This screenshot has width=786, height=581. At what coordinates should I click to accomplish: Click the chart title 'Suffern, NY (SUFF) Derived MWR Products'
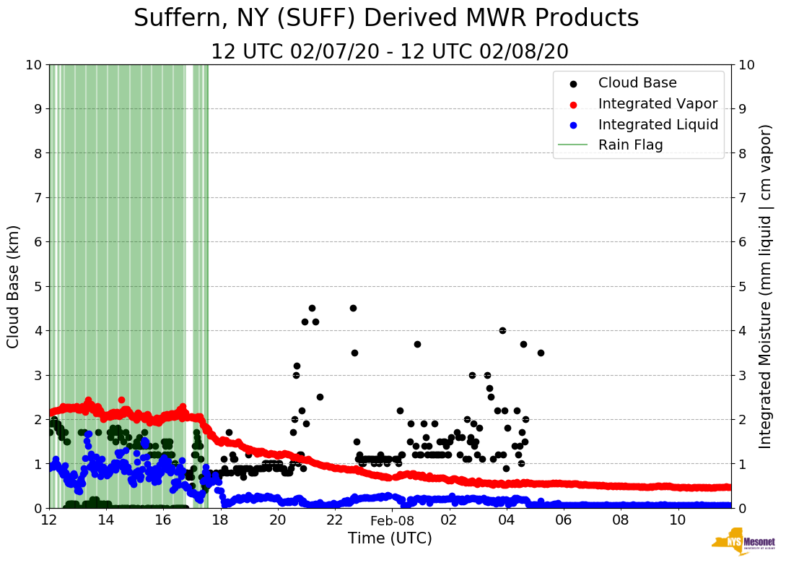pyautogui.click(x=386, y=18)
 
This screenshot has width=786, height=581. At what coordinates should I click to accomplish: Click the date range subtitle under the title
pyautogui.click(x=390, y=52)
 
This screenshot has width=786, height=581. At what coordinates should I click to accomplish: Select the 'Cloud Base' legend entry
pyautogui.click(x=637, y=83)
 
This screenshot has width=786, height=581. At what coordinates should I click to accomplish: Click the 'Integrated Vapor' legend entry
pyautogui.click(x=658, y=103)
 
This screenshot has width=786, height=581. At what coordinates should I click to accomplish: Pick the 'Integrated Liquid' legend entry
pyautogui.click(x=658, y=124)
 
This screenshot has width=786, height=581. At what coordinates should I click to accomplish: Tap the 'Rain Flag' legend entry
pyautogui.click(x=630, y=145)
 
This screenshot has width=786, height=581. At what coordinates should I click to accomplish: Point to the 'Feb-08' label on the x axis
pyautogui.click(x=392, y=520)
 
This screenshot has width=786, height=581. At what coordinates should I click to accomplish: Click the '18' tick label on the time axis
pyautogui.click(x=220, y=520)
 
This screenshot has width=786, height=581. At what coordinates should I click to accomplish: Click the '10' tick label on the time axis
pyautogui.click(x=678, y=520)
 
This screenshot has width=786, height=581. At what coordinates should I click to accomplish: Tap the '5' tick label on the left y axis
pyautogui.click(x=38, y=286)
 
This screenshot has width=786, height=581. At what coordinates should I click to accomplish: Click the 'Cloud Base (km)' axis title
pyautogui.click(x=14, y=286)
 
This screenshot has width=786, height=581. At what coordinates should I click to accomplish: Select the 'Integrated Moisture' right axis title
pyautogui.click(x=765, y=286)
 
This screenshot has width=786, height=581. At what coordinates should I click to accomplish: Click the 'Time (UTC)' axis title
pyautogui.click(x=390, y=538)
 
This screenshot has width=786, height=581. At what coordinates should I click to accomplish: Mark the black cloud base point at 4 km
pyautogui.click(x=502, y=330)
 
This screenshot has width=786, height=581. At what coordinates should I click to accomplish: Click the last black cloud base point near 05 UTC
pyautogui.click(x=541, y=353)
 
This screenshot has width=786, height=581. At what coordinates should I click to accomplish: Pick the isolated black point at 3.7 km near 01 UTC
pyautogui.click(x=417, y=344)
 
